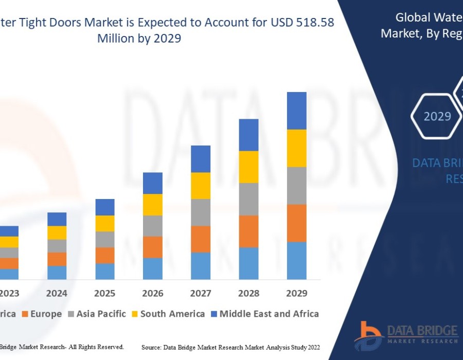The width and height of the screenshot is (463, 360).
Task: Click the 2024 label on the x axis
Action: coord(57,294)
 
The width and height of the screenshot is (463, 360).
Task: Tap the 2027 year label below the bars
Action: coord(201,294)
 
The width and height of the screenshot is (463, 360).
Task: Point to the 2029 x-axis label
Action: coord(296,294)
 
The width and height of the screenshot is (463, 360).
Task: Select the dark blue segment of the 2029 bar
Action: coord(296,111)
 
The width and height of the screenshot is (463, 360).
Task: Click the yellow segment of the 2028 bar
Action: coord(248,167)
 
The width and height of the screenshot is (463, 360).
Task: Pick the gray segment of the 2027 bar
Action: coord(201,212)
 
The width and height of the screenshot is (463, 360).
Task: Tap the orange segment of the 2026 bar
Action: coord(152,247)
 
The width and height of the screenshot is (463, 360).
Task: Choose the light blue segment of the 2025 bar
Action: coord(104,272)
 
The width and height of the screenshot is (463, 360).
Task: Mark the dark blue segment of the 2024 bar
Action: coord(57,219)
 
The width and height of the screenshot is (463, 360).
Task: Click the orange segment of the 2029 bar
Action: coord(296,223)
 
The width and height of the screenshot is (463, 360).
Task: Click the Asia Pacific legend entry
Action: coord(101,314)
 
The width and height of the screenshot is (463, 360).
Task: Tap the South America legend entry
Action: coord(172,314)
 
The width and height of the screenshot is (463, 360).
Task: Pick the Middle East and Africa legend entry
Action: coord(269,314)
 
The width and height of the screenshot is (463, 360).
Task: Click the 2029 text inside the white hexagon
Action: coord(437,117)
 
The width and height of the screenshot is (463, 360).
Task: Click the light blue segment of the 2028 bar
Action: coord(248,263)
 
